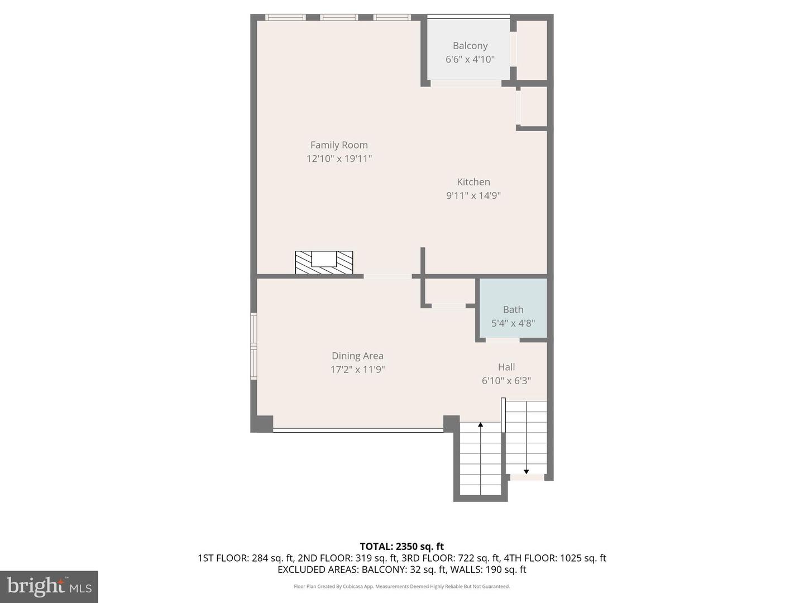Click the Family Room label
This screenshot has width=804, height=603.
[339, 145]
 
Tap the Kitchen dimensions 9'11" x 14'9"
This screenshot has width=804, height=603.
[473, 195]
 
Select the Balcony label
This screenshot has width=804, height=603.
[470, 46]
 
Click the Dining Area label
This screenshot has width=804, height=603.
[357, 356]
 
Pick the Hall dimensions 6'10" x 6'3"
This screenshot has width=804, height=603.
[506, 381]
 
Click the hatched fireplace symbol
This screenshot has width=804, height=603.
[324, 262]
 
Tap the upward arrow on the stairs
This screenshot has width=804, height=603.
[481, 425]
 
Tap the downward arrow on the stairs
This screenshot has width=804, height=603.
[527, 471]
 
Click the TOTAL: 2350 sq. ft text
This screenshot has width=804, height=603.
[401, 547]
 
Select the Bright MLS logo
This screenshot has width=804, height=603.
[49, 586]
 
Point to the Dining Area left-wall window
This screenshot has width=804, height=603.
[253, 346]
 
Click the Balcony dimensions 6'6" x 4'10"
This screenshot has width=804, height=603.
[470, 59]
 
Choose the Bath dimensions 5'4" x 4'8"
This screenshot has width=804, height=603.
[513, 323]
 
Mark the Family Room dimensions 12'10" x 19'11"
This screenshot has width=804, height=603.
[339, 159]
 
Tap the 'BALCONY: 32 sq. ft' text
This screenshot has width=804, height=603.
[404, 569]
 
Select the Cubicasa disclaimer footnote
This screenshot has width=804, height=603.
[401, 586]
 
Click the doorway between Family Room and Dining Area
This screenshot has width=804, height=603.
[387, 276]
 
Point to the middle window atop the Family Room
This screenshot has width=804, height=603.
[339, 17]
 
